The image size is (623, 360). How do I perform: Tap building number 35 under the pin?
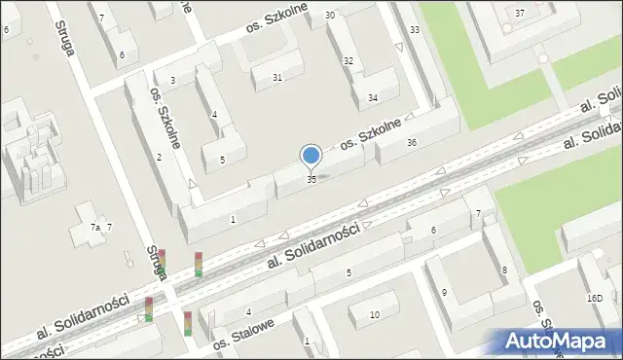click(x=311, y=180)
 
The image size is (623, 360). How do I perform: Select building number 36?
click(x=412, y=143)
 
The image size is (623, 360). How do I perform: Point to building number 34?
click(x=372, y=98)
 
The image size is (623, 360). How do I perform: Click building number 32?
click(x=348, y=61)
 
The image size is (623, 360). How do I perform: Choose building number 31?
click(x=277, y=78)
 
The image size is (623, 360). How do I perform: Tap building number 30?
click(x=330, y=16)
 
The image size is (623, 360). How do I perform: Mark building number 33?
click(x=415, y=30)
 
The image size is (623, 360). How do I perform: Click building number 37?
click(x=520, y=13)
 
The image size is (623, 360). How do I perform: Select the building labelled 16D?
click(x=595, y=299)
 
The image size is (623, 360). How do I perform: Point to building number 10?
click(x=375, y=314)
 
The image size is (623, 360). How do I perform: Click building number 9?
click(x=444, y=292)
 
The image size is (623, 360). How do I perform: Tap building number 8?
click(x=503, y=270)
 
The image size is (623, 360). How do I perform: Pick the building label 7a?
click(x=95, y=227)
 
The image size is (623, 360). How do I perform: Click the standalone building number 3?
click(x=172, y=81)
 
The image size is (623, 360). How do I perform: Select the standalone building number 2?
click(x=159, y=158)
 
